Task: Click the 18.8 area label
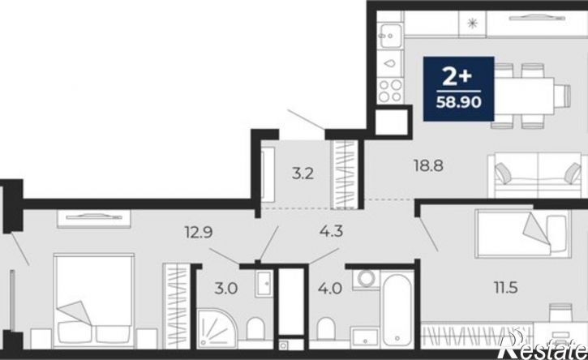point(428,165)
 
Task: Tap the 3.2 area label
point(303,174)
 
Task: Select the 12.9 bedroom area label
point(199,233)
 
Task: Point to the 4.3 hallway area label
point(331,231)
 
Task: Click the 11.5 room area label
point(505,288)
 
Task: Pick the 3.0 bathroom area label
point(226,289)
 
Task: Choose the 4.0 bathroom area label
point(330,289)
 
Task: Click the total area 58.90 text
point(458,102)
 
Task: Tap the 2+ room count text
point(457,76)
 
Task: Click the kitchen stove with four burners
point(390,90)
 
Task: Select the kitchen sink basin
point(390,36)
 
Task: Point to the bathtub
point(397,311)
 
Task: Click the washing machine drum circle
point(367,279)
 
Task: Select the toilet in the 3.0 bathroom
point(255,329)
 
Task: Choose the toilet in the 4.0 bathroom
point(325,329)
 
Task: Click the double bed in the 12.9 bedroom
point(94,301)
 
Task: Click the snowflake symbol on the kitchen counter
point(473,24)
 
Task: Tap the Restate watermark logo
point(543,345)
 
